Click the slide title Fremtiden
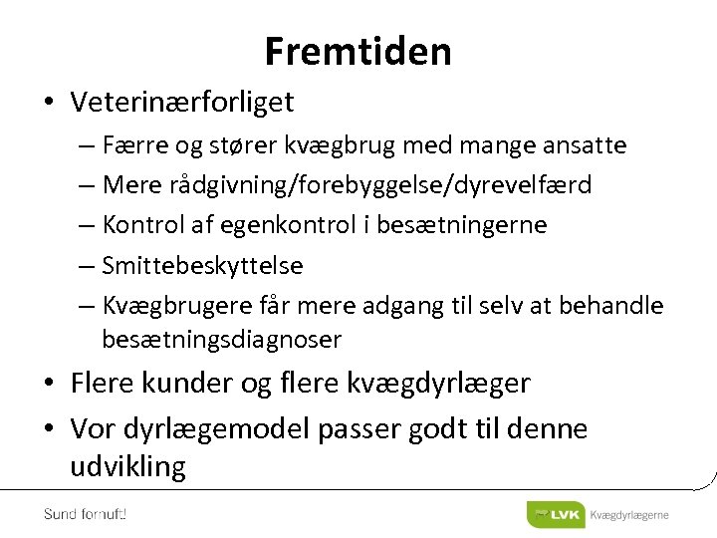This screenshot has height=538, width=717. (x=358, y=51)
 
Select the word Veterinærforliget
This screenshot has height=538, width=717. (x=182, y=102)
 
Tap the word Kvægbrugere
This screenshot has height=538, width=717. (x=177, y=306)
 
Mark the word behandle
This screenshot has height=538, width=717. (x=612, y=305)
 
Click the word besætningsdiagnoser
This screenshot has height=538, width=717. (x=221, y=341)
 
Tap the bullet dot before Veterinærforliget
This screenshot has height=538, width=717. (x=48, y=103)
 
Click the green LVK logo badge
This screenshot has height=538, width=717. (x=556, y=514)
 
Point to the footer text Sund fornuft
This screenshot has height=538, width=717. (x=85, y=514)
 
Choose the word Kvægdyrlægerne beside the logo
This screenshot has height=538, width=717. (x=629, y=515)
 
